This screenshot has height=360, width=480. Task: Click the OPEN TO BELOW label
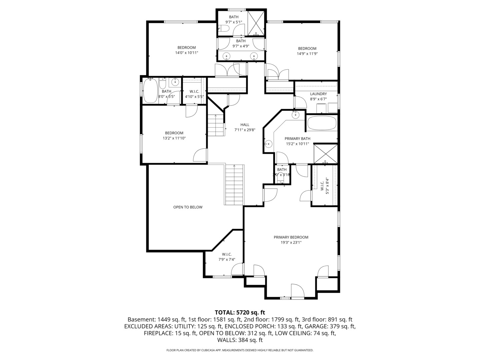188,207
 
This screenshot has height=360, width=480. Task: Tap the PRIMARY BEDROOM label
291,237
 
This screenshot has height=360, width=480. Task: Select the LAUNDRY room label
318,94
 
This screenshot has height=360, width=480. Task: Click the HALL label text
245,125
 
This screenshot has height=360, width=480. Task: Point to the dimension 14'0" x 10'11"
187,53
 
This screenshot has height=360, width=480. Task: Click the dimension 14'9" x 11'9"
307,54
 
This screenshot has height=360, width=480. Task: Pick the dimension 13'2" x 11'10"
174,138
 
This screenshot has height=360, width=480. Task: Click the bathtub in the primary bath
322,123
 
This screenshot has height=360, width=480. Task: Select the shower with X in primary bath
326,154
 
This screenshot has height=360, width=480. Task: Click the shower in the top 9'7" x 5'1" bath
256,23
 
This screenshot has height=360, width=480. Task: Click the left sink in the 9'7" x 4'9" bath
227,56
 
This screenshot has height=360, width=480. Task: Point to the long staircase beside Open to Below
235,185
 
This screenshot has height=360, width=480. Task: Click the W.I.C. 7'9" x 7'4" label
227,254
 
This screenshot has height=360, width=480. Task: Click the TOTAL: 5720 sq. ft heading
240,312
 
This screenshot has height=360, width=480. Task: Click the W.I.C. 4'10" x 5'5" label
194,91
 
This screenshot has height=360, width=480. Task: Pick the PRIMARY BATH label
297,139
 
